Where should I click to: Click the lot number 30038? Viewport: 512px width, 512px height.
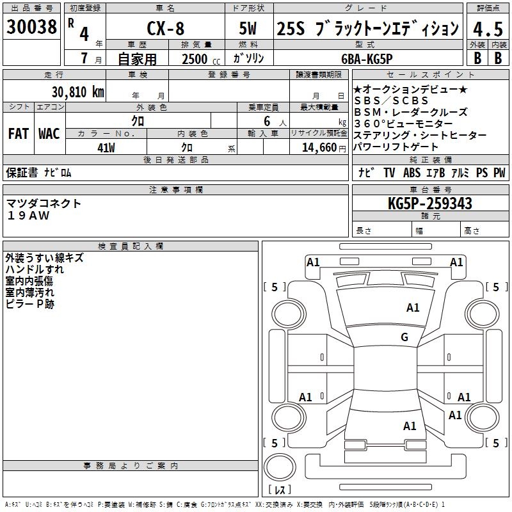pyautogui.click(x=32, y=27)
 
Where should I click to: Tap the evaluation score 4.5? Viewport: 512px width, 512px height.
pyautogui.click(x=486, y=29)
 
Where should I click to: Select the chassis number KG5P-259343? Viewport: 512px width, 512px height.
pyautogui.click(x=430, y=204)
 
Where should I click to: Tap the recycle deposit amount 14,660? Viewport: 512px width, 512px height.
pyautogui.click(x=318, y=148)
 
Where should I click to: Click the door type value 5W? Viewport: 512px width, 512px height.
pyautogui.click(x=249, y=29)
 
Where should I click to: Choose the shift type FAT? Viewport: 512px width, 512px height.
pyautogui.click(x=18, y=134)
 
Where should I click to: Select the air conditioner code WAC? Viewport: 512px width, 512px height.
pyautogui.click(x=49, y=134)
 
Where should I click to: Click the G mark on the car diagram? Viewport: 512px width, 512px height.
pyautogui.click(x=404, y=337)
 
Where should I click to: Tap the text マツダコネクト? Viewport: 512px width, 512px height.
pyautogui.click(x=44, y=204)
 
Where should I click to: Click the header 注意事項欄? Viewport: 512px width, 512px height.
pyautogui.click(x=176, y=190)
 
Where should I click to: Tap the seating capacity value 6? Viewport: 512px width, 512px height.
pyautogui.click(x=266, y=121)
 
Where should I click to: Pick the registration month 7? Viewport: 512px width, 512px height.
pyautogui.click(x=84, y=59)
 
